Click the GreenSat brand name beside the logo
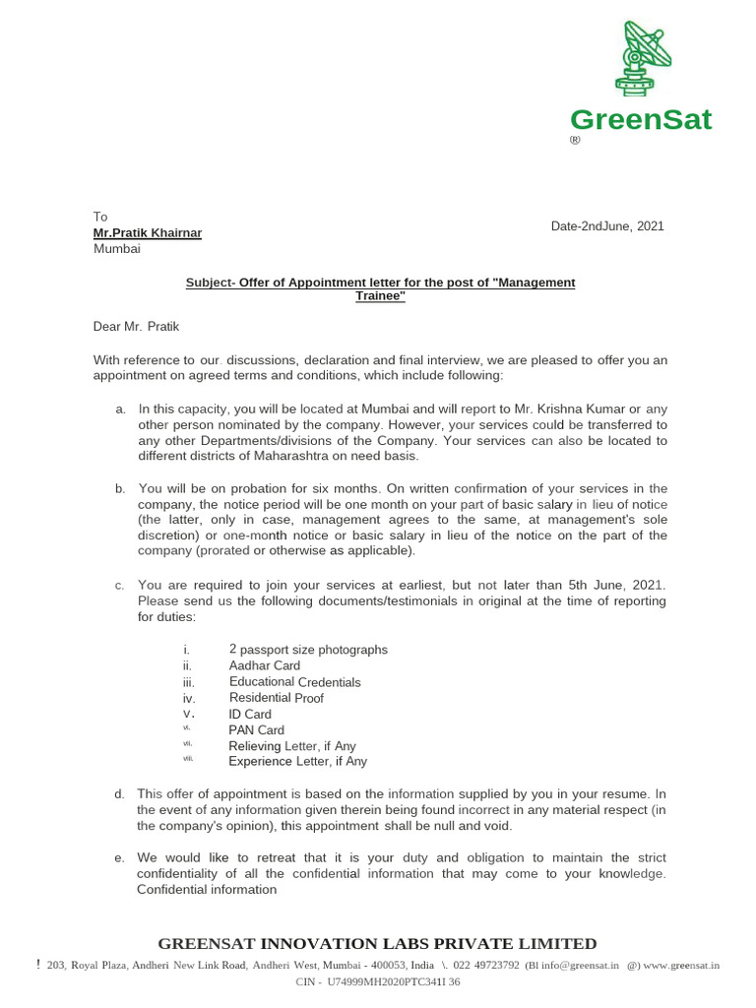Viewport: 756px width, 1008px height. point(641,121)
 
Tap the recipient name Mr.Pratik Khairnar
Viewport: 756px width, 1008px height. point(148,233)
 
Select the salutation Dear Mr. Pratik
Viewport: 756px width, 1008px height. point(137,326)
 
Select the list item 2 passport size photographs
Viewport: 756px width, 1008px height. point(308,650)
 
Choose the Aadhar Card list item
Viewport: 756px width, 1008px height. point(265,666)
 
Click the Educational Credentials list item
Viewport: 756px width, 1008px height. point(295,682)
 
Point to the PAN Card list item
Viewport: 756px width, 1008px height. point(257,730)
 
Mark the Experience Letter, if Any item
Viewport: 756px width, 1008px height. point(298,762)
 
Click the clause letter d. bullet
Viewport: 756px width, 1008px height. point(119,794)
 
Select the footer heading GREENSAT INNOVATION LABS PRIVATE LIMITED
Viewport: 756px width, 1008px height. point(378,943)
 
